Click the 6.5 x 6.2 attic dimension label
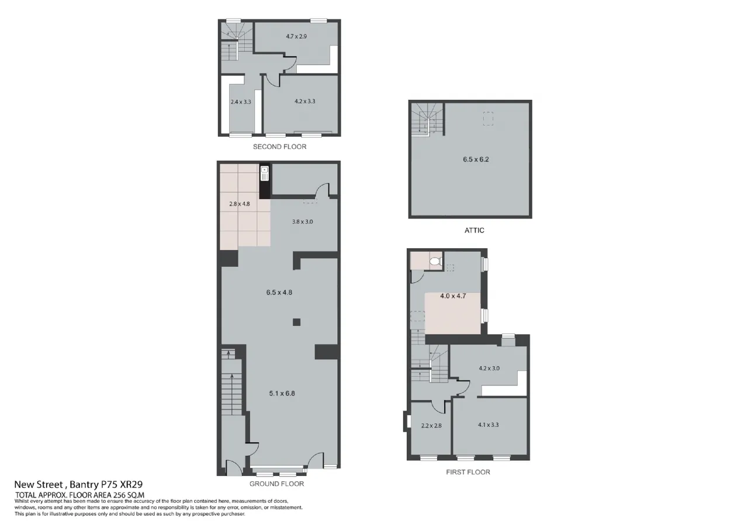[476, 159]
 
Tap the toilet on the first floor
[435, 261]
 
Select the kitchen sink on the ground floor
[265, 173]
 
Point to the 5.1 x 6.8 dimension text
[282, 394]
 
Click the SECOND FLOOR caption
[279, 147]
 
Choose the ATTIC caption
[474, 230]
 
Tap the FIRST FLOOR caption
[468, 473]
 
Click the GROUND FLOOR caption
[276, 484]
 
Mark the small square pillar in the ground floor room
[296, 322]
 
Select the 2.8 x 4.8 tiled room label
[240, 204]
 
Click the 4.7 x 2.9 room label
[296, 36]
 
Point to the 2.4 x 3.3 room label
[240, 102]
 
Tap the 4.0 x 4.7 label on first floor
[453, 296]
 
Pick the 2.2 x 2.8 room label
[431, 426]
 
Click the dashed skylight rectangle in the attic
[488, 119]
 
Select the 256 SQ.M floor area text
[129, 495]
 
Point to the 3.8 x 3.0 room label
[302, 221]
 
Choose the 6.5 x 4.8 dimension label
[279, 293]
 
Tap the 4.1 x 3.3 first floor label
[488, 425]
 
